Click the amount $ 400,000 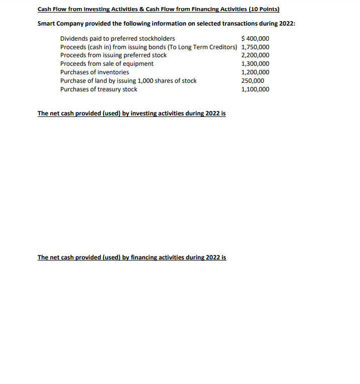pos(255,39)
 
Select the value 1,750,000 pos(255,47)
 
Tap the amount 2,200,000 pos(255,55)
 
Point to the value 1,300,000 pos(255,64)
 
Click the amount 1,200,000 pos(255,72)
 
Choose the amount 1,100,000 pos(255,89)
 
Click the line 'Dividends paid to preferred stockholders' pos(117,39)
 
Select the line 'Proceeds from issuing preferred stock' pos(113,55)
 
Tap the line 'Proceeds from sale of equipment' pos(106,64)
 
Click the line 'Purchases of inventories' pos(94,72)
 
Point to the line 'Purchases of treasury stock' pos(98,89)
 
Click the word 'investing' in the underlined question pos(144,113)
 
